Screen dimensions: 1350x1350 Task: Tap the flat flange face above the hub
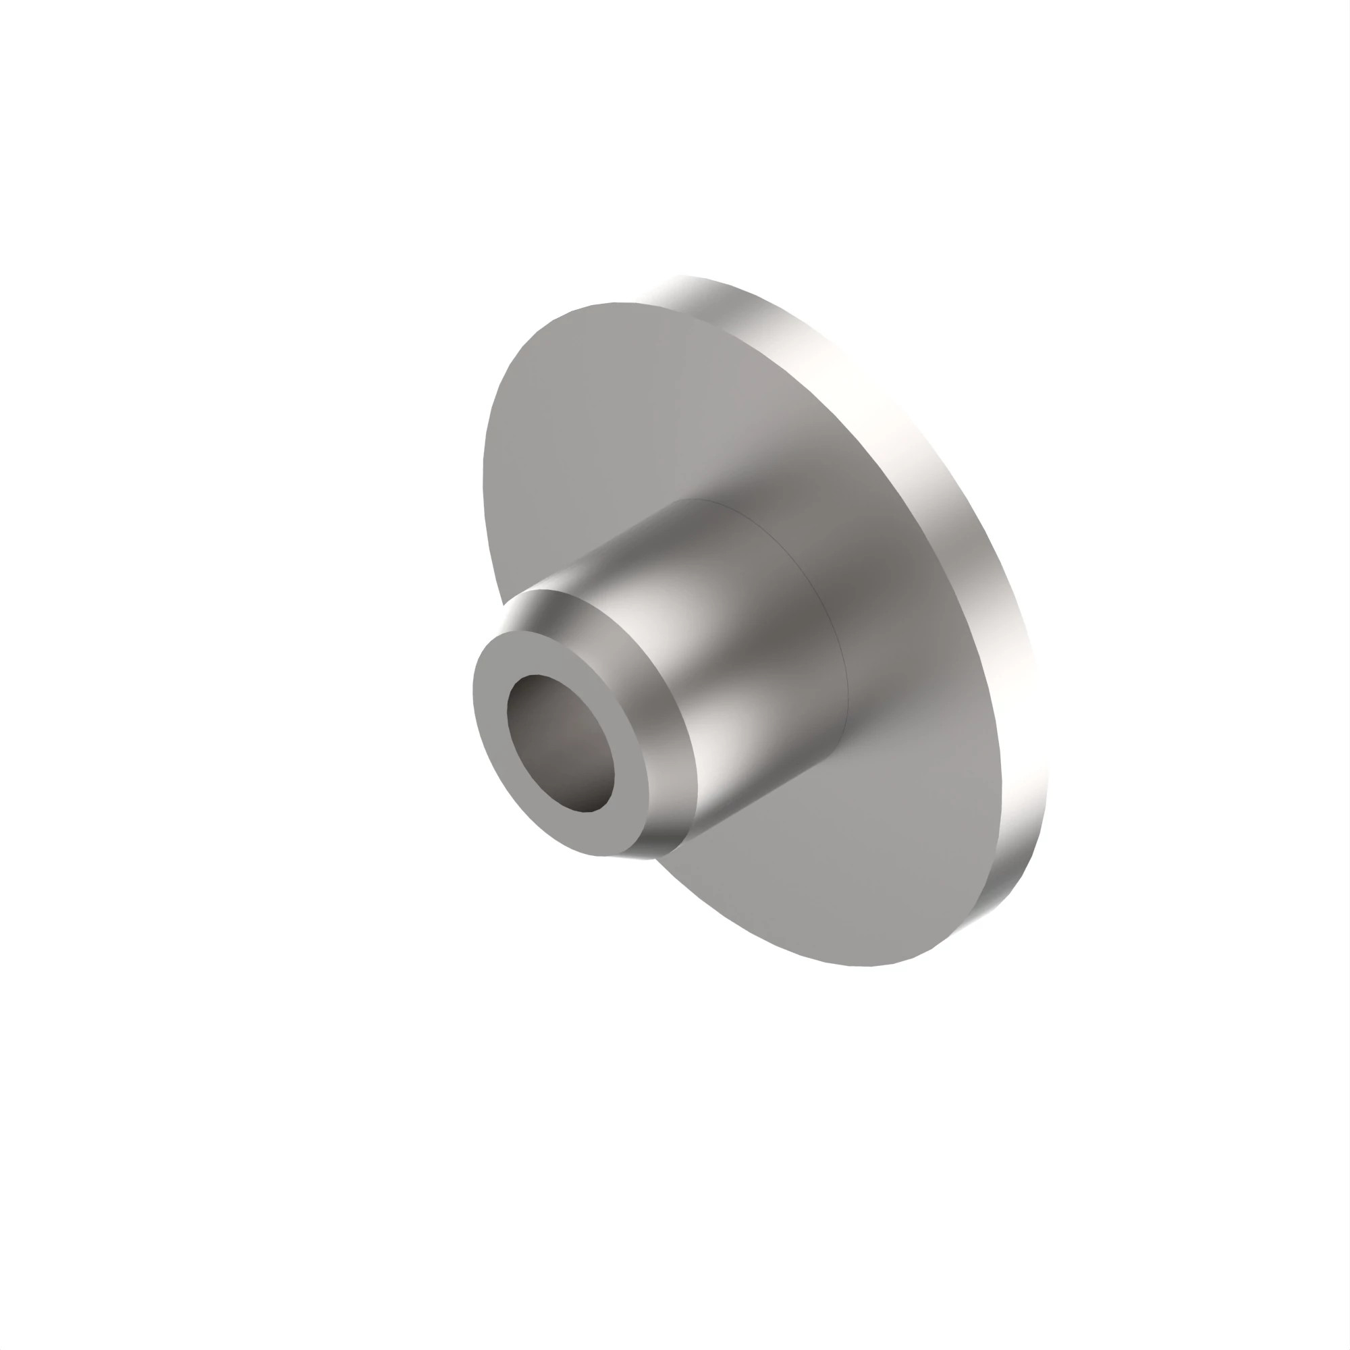pos(629,419)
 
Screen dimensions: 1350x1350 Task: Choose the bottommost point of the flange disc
pos(867,967)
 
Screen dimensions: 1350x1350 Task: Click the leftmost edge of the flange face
pos(483,475)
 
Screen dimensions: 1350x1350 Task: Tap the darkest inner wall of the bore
pos(587,796)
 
